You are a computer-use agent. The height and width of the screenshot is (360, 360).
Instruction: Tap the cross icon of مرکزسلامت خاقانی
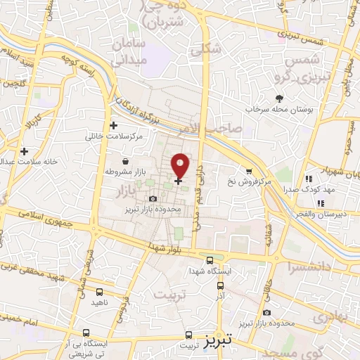pyautogui.click(x=113, y=125)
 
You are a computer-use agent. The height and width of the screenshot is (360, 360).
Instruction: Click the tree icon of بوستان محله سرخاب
pyautogui.click(x=279, y=98)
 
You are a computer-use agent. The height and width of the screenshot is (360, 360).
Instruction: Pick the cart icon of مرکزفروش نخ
pyautogui.click(x=248, y=171)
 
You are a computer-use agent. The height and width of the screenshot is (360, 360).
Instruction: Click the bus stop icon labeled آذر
pyautogui.click(x=221, y=286)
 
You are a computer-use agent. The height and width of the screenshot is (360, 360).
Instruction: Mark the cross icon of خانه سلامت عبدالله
pyautogui.click(x=24, y=150)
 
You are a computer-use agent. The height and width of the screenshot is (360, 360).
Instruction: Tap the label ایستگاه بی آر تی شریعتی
pyautogui.click(x=68, y=347)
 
